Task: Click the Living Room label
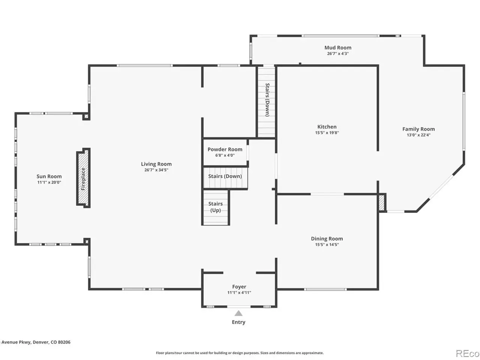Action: [156, 164]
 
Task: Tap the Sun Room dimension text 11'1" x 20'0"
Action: [49, 182]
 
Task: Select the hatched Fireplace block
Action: [83, 178]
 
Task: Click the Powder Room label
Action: [225, 149]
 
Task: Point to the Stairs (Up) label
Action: [215, 207]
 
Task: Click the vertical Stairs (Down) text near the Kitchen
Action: [267, 100]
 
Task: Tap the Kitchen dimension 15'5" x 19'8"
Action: [327, 133]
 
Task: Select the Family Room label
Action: [418, 129]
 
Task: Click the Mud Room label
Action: [337, 48]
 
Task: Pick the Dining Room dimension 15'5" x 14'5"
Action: [327, 244]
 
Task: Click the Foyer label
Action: [239, 286]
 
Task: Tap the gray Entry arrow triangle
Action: [238, 313]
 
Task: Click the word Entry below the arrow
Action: [238, 322]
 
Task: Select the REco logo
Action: [467, 353]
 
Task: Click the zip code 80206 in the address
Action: [64, 342]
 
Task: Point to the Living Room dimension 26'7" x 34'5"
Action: [156, 170]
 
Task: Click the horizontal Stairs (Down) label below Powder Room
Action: [225, 176]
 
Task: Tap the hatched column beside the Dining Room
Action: [382, 203]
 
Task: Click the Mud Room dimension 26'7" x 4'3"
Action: [337, 54]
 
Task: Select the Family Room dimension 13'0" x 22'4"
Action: [418, 135]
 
